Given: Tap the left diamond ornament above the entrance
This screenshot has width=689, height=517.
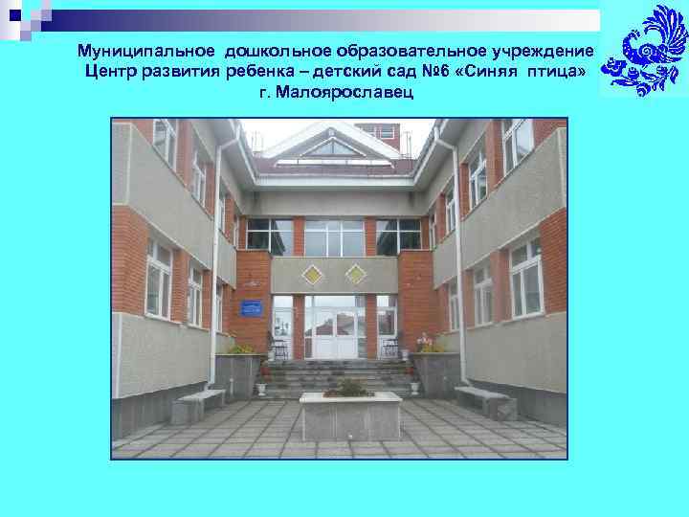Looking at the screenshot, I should [312, 275].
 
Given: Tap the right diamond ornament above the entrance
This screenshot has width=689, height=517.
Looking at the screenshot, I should [356, 275].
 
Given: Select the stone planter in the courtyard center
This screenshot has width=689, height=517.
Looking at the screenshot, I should [350, 415].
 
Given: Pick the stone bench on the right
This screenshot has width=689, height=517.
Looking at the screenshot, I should [484, 399].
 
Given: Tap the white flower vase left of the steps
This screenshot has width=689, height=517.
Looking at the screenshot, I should [261, 388].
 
